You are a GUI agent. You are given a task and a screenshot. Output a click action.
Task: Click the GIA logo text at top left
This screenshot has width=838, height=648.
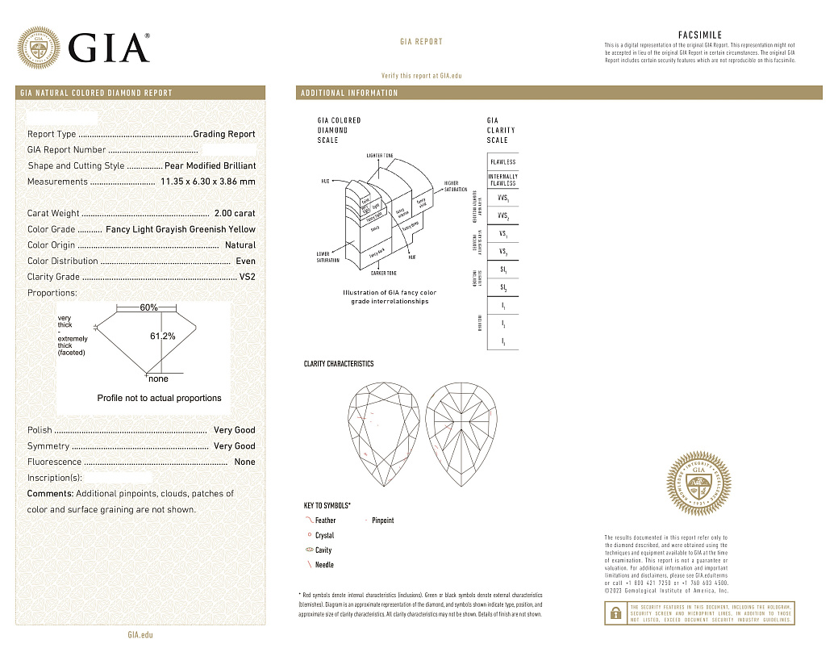110,48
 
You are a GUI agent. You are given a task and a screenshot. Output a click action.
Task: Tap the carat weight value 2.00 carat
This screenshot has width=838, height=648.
235,214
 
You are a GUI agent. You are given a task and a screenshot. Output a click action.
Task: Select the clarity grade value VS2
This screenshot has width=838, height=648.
247,277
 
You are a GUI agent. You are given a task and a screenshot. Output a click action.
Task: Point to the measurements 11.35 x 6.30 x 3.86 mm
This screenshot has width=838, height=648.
208,182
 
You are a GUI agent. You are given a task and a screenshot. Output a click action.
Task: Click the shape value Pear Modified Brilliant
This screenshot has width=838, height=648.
210,165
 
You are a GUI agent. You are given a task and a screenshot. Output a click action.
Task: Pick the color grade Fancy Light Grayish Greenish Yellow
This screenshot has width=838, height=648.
181,229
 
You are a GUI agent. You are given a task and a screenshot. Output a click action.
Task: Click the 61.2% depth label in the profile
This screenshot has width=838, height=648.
163,336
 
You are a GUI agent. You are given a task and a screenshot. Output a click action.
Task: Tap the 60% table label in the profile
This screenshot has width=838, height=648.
148,307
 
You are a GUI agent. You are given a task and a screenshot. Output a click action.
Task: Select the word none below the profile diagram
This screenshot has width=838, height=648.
158,378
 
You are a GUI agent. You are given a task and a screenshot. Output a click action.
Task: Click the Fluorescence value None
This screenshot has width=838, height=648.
244,462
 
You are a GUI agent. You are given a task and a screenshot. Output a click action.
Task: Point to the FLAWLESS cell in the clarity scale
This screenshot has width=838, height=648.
502,162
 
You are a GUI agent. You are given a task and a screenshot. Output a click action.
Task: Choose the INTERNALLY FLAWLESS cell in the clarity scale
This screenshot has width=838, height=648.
502,180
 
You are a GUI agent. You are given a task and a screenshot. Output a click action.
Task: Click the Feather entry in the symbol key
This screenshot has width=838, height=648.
325,520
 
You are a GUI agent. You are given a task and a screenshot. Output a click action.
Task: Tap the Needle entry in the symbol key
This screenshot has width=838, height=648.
324,565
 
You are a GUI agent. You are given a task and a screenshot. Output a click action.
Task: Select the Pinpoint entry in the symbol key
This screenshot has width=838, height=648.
382,520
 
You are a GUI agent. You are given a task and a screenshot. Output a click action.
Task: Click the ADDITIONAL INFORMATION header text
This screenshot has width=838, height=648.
349,93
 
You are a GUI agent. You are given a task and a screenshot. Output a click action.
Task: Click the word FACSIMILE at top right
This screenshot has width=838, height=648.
700,36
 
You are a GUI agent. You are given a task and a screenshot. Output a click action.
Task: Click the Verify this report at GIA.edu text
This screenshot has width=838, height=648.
421,75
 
